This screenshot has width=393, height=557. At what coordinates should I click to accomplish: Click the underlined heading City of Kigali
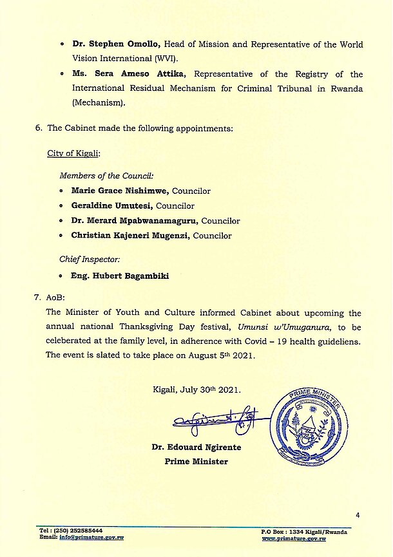[x=73, y=154]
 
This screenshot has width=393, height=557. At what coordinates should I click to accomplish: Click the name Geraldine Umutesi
[x=111, y=206]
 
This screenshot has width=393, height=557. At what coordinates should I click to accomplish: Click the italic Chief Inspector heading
[x=90, y=259]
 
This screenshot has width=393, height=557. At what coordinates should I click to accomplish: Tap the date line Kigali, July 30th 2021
[x=196, y=390]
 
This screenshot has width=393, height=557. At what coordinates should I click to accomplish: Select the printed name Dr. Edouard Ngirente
[x=196, y=447]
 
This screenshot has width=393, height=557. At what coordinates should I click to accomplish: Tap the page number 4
[x=358, y=515]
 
